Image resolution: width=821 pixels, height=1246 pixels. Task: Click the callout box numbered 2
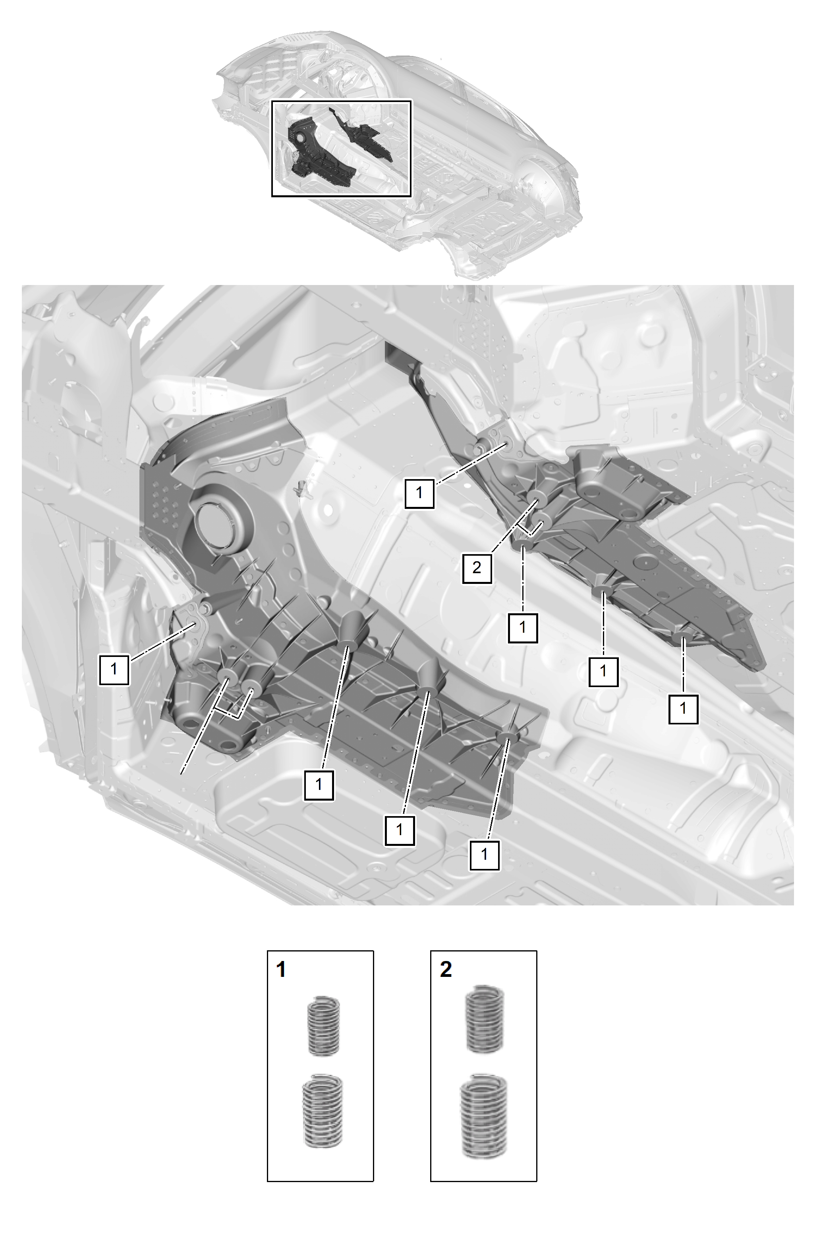click(x=476, y=568)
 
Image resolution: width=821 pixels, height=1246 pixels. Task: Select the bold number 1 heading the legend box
click(x=281, y=970)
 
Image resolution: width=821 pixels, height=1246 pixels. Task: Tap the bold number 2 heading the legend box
click(x=446, y=970)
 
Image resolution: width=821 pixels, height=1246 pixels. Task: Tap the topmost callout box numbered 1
click(x=419, y=493)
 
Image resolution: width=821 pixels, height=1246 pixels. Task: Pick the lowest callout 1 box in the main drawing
click(x=484, y=855)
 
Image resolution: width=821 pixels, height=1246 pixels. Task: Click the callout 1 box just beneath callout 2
click(x=522, y=627)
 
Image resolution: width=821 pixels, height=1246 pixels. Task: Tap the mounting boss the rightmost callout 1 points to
click(x=683, y=637)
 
